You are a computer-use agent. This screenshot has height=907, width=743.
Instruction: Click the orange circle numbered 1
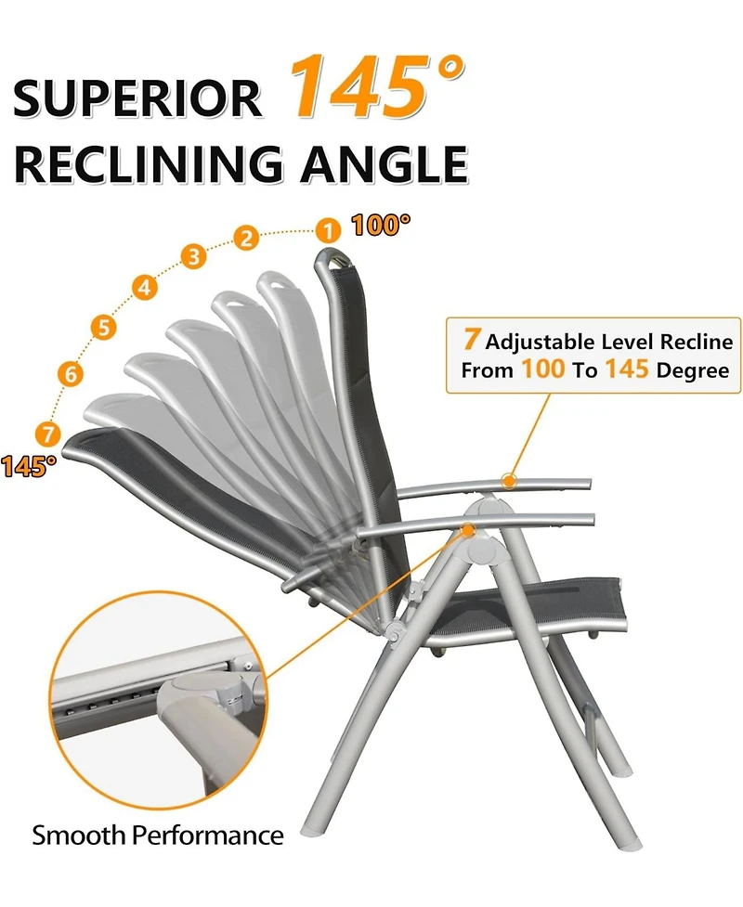pyautogui.click(x=327, y=229)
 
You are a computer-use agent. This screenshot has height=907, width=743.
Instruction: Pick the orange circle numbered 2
pyautogui.click(x=246, y=238)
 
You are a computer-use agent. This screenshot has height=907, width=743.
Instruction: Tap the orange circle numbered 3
pyautogui.click(x=193, y=256)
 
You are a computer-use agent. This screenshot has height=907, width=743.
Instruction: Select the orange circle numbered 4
pyautogui.click(x=144, y=287)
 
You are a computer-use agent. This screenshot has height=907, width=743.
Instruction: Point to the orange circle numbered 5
pyautogui.click(x=103, y=327)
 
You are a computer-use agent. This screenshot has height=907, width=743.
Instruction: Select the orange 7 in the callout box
pyautogui.click(x=472, y=341)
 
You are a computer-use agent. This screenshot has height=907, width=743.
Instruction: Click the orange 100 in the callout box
pyautogui.click(x=542, y=369)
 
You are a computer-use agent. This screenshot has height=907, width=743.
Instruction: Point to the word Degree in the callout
pyautogui.click(x=694, y=369)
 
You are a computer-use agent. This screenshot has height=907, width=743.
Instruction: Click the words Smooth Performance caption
pyautogui.click(x=158, y=835)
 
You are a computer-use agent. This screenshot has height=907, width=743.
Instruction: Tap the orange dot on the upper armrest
pyautogui.click(x=508, y=480)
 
